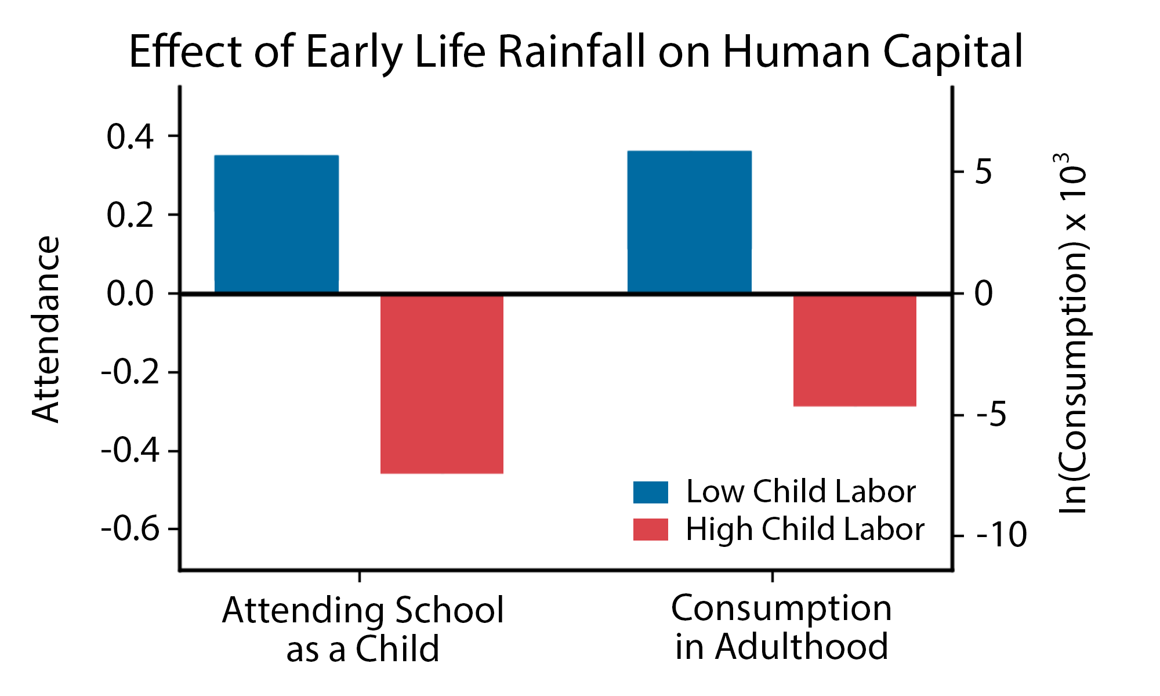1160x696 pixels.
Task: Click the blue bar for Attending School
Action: [x=276, y=224]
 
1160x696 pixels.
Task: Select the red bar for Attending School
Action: [x=441, y=384]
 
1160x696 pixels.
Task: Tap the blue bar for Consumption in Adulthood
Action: [x=689, y=222]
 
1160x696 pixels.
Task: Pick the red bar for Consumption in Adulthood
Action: [x=854, y=350]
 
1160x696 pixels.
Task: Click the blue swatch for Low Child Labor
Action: [x=650, y=492]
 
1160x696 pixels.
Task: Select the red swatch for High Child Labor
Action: [x=650, y=530]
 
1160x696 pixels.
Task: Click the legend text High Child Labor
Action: [x=804, y=530]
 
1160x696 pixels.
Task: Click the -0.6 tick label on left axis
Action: [x=130, y=530]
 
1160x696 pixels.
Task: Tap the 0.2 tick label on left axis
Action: [x=130, y=216]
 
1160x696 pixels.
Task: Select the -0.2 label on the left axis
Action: [x=130, y=372]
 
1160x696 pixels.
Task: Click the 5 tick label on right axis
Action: [x=984, y=172]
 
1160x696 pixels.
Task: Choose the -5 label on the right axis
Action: [x=992, y=415]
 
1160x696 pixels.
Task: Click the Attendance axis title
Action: [x=46, y=329]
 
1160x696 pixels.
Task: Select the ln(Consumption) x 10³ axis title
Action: [x=1072, y=333]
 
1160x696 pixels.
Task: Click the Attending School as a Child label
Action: [x=362, y=629]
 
